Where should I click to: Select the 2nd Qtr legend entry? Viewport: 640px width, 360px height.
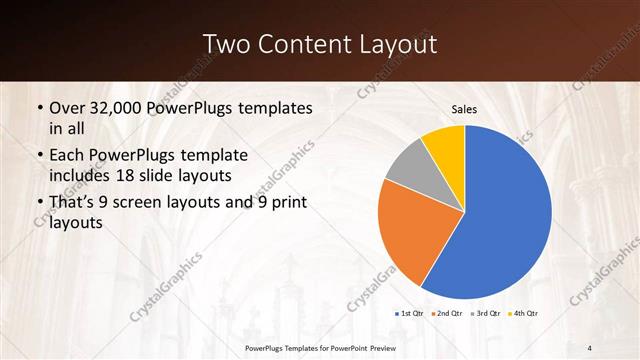[447, 313]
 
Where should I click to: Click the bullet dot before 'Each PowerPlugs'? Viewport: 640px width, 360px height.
[38, 156]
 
